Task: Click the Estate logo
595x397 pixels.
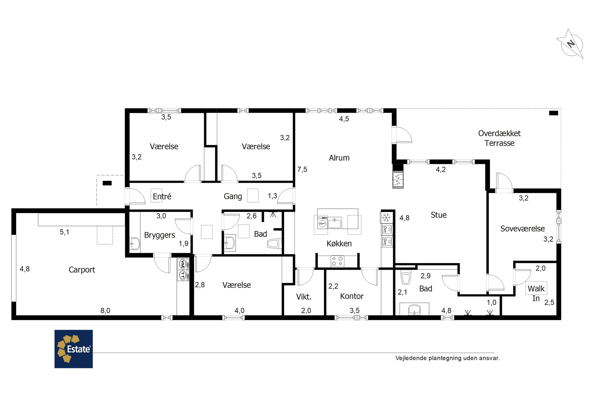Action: pyautogui.click(x=74, y=349)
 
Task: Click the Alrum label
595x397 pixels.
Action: pyautogui.click(x=339, y=158)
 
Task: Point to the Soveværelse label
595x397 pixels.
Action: pyautogui.click(x=522, y=229)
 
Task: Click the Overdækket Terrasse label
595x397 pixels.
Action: pyautogui.click(x=499, y=138)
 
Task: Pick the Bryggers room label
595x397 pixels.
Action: pyautogui.click(x=160, y=235)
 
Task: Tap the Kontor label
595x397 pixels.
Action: pyautogui.click(x=352, y=296)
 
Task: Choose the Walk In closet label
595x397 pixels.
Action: pyautogui.click(x=536, y=293)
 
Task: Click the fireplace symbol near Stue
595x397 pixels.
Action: pyautogui.click(x=398, y=179)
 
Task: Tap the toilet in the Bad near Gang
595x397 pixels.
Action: pyautogui.click(x=274, y=244)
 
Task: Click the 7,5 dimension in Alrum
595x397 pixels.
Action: pyautogui.click(x=302, y=169)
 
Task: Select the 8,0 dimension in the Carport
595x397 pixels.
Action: pyautogui.click(x=105, y=311)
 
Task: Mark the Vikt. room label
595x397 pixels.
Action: pyautogui.click(x=304, y=297)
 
